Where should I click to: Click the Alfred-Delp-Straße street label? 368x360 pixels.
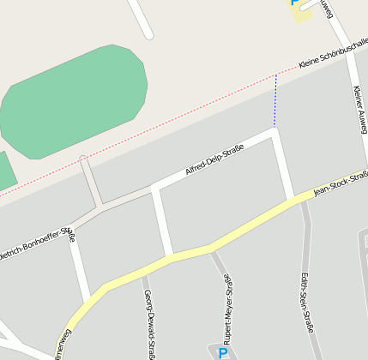214,160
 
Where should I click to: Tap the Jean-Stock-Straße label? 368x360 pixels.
341,183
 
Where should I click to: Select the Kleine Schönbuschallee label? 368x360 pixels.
333,53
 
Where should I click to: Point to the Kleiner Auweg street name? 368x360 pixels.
359,110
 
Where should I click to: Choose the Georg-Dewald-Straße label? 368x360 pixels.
149,322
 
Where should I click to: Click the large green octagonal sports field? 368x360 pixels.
73,101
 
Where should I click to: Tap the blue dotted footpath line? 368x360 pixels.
275,101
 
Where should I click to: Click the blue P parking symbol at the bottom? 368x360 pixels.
223,353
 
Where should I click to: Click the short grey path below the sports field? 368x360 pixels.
90,182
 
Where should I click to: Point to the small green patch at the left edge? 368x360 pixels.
5,170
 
